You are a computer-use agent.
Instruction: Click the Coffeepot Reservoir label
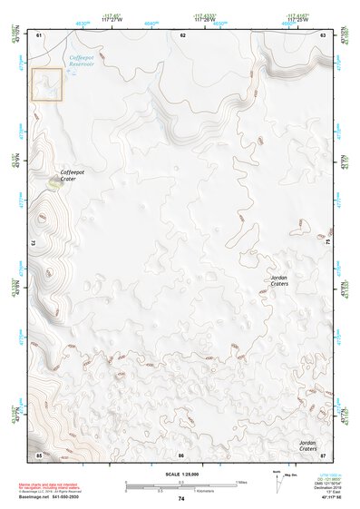(x=87, y=62)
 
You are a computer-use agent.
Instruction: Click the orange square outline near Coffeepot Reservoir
(x=47, y=84)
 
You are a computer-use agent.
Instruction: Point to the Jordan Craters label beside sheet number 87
(x=307, y=445)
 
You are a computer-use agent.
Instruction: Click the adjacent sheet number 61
(x=40, y=34)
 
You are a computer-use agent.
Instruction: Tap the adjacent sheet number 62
(x=183, y=34)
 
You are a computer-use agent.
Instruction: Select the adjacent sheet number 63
(x=323, y=34)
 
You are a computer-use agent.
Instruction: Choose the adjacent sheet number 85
(x=39, y=454)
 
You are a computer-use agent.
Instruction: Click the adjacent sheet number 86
(x=181, y=454)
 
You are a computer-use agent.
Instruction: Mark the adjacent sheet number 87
(x=323, y=454)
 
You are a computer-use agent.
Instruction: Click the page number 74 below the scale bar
(x=181, y=499)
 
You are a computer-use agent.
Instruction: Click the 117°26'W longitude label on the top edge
(x=205, y=19)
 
